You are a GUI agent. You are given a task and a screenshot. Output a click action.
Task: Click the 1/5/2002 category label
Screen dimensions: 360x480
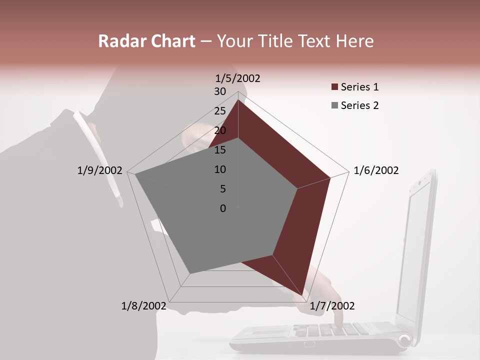(237, 78)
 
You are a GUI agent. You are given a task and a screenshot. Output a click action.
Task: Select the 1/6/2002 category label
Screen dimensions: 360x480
(376, 170)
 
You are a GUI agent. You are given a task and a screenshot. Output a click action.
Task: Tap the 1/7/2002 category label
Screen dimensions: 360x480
(332, 306)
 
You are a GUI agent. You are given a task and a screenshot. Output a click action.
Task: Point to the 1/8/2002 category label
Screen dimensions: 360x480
(144, 306)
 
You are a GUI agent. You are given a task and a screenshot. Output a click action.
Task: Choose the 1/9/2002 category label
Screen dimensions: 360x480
(99, 170)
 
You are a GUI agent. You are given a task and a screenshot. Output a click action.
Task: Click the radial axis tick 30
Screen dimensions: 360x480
(219, 91)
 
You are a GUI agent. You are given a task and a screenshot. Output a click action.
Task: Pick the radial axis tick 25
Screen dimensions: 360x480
(219, 111)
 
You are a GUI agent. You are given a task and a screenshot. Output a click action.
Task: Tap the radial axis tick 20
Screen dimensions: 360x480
(219, 130)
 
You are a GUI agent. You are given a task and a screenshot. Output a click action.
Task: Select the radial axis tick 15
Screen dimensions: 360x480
(219, 150)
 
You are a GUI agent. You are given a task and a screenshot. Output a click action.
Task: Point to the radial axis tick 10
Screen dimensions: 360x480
(219, 169)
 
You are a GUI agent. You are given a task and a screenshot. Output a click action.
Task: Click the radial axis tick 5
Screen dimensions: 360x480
(222, 189)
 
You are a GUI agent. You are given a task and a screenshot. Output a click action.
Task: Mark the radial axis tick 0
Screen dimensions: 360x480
(222, 208)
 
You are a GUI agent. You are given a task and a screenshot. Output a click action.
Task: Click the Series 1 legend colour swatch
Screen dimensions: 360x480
(334, 87)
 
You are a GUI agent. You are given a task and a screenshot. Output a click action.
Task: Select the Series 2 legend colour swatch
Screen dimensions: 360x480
(334, 105)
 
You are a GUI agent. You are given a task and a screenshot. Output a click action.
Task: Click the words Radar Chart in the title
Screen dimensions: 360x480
(146, 41)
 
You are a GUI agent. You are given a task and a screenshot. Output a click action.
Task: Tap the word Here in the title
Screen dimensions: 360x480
(354, 41)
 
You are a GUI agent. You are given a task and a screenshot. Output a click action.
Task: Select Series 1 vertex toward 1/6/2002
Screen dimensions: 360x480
(330, 177)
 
